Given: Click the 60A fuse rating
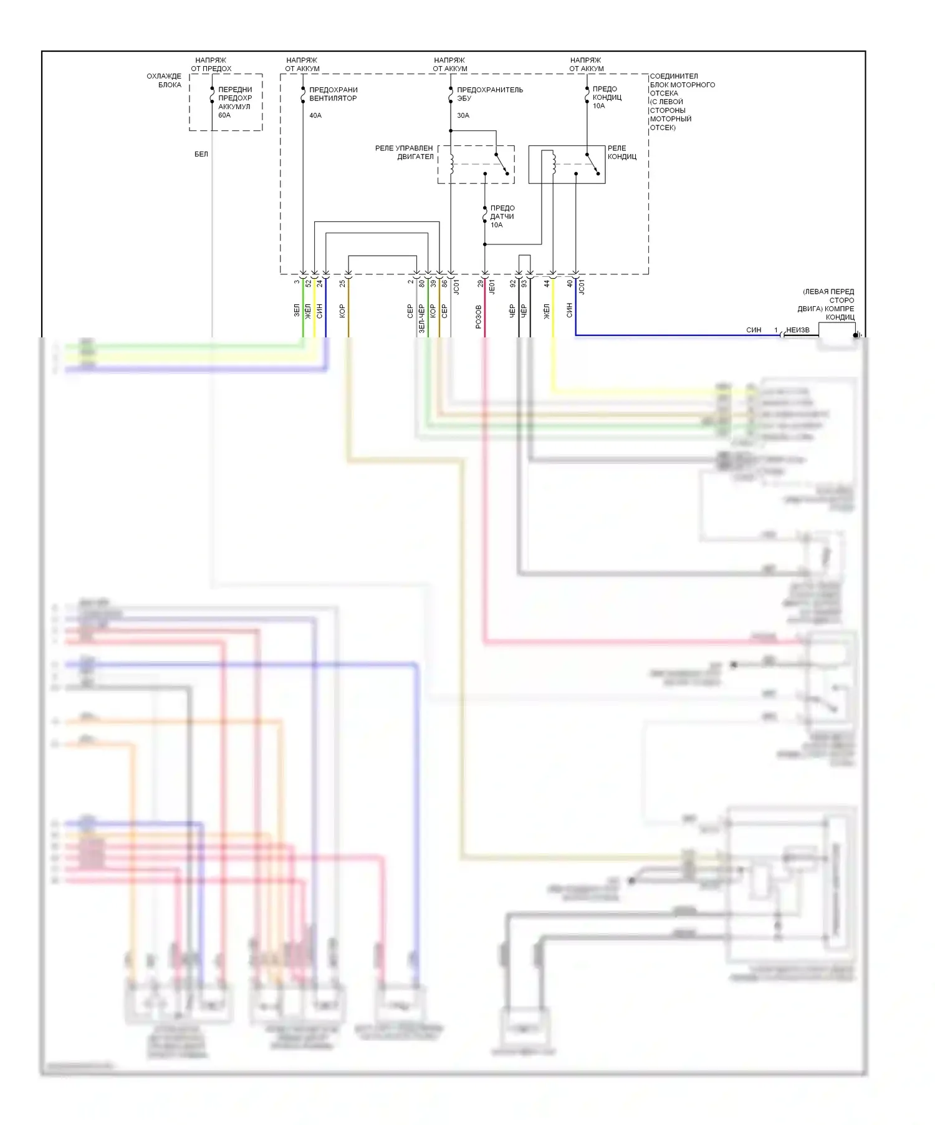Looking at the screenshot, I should click(x=224, y=115).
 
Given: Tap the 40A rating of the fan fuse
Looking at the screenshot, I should click(x=315, y=115).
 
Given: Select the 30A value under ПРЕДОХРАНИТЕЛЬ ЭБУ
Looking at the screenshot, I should click(x=463, y=115).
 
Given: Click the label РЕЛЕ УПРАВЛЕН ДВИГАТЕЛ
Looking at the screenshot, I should click(x=404, y=152).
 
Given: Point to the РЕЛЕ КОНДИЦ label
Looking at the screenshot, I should click(x=621, y=152).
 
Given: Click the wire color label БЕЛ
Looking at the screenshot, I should click(x=201, y=154).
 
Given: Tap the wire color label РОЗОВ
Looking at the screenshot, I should click(x=479, y=317).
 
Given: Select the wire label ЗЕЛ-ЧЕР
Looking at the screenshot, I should click(x=422, y=319).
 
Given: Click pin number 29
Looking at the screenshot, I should click(x=481, y=283).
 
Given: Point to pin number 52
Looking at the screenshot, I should click(x=309, y=283).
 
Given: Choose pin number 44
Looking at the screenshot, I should click(x=547, y=283).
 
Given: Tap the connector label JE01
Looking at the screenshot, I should click(x=492, y=286).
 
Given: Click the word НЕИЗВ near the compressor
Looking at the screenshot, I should click(x=798, y=330).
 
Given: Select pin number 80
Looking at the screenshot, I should click(x=422, y=283).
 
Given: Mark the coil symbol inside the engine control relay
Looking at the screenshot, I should click(x=450, y=163).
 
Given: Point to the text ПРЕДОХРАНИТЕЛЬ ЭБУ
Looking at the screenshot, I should click(x=489, y=94).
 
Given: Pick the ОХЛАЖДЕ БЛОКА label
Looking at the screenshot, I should click(x=164, y=80).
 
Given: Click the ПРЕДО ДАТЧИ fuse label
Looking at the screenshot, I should click(x=502, y=216).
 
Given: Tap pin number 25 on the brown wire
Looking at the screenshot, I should click(x=343, y=283).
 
